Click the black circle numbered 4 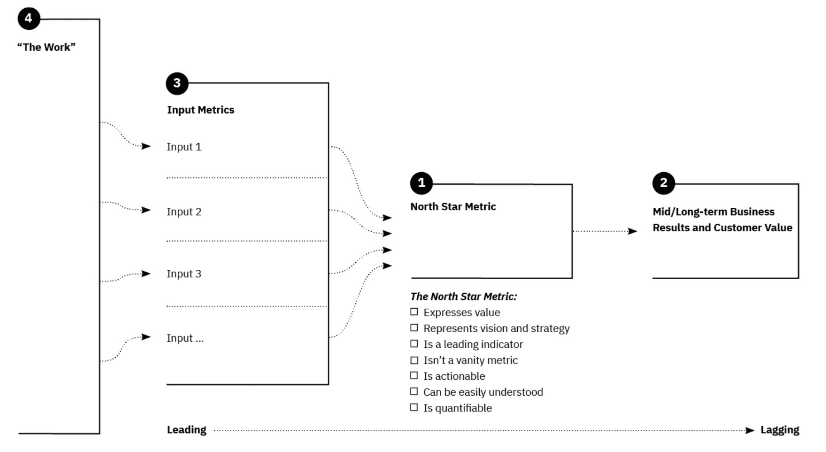point(29,19)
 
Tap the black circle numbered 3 point(177,83)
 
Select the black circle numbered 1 point(421,183)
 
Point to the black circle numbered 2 point(663,183)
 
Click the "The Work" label point(46,47)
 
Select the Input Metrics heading point(200,110)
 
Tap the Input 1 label point(184,147)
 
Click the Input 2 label point(184,212)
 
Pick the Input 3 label point(184,274)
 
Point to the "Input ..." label point(185,338)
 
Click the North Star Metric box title point(453,207)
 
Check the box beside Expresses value point(414,312)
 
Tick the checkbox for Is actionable point(414,376)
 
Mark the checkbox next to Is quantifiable point(414,407)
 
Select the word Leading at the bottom point(186,430)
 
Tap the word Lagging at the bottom point(780,430)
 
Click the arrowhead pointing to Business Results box point(632,231)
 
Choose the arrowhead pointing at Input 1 point(146,146)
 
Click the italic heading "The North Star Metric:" point(463,297)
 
